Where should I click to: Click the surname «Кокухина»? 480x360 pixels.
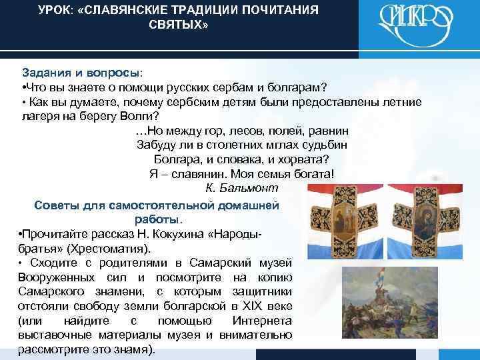pyautogui.click(x=177, y=235)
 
